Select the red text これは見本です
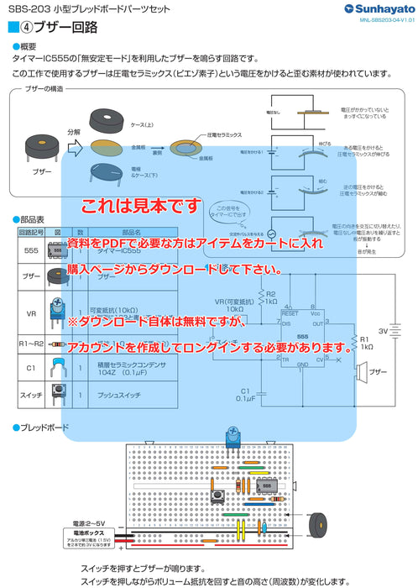(141, 206)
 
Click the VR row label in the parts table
(31, 313)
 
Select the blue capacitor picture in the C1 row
(58, 365)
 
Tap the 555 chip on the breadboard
(266, 485)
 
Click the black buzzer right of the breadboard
(318, 527)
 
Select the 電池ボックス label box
(89, 533)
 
